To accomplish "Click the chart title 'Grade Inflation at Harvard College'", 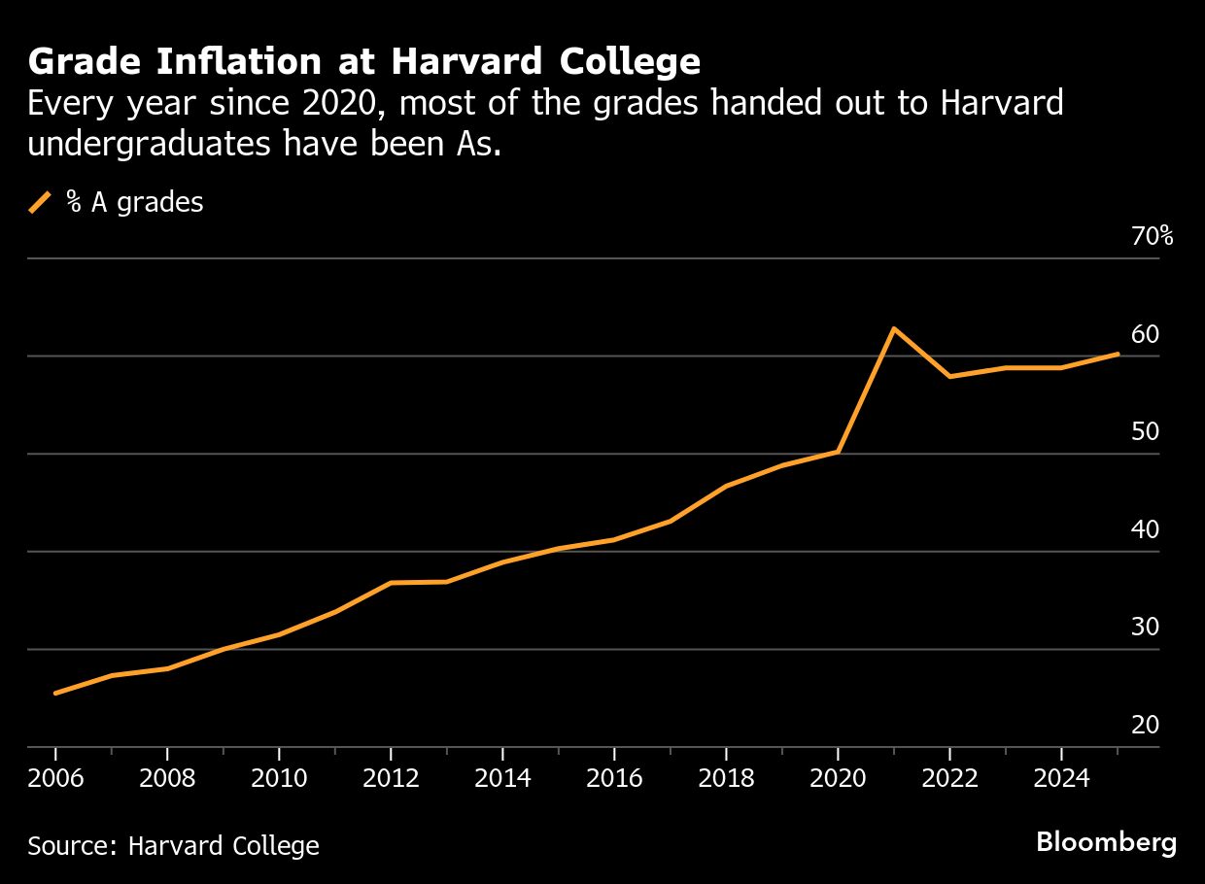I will coord(363,62).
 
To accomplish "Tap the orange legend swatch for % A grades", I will coord(40,202).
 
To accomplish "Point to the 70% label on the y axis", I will coord(1153,236).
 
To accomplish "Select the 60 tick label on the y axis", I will coord(1146,334).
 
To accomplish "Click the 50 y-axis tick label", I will coord(1146,431).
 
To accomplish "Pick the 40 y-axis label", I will coord(1146,529).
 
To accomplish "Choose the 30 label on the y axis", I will coord(1146,628).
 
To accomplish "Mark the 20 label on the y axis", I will coord(1146,726).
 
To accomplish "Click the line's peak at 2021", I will coord(894,328).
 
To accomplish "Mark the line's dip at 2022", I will coord(949,376).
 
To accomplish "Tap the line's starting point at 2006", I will coord(55,693).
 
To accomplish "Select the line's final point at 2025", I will coord(1118,354).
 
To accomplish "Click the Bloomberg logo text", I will coord(1106,842).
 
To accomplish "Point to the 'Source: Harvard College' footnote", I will coord(173,845).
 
